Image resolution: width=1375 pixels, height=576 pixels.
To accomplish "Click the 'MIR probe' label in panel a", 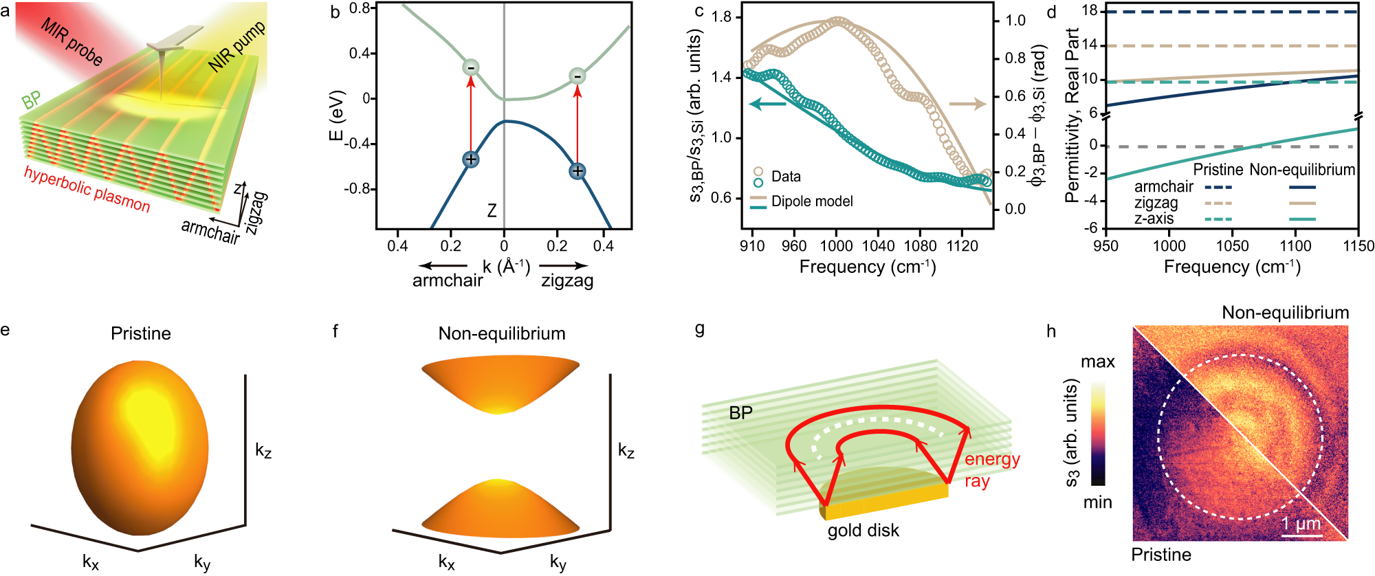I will [71, 42].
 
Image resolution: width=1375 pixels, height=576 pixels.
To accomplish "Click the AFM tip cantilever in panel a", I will [175, 38].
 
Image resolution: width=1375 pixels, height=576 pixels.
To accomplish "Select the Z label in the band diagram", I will [492, 211].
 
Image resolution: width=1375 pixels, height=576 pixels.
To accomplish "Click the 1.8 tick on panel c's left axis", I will [722, 17].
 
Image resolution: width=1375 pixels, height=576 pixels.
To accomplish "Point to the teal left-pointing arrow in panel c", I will [767, 104].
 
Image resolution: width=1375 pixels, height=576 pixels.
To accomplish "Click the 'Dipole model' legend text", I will [812, 201].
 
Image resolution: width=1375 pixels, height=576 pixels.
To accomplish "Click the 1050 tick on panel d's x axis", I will [1232, 246].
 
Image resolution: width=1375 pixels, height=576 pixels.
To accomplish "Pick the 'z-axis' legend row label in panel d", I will [1154, 219].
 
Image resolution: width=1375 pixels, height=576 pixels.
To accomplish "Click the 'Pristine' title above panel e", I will [141, 333].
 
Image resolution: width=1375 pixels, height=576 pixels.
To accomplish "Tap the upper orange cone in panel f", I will [500, 381].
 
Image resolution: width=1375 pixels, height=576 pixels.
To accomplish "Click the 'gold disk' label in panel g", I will [863, 531].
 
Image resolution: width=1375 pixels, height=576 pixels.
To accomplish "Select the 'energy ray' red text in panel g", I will [991, 469].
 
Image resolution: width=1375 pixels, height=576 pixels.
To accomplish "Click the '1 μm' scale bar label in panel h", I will [1301, 524].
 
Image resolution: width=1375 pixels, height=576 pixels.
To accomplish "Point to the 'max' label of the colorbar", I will [1097, 362].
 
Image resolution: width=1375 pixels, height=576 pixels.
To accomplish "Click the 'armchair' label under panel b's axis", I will [448, 280].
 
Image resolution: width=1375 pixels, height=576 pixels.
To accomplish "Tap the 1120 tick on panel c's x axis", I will [962, 246].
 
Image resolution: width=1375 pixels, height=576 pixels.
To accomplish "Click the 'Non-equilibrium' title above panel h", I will [1285, 313].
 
